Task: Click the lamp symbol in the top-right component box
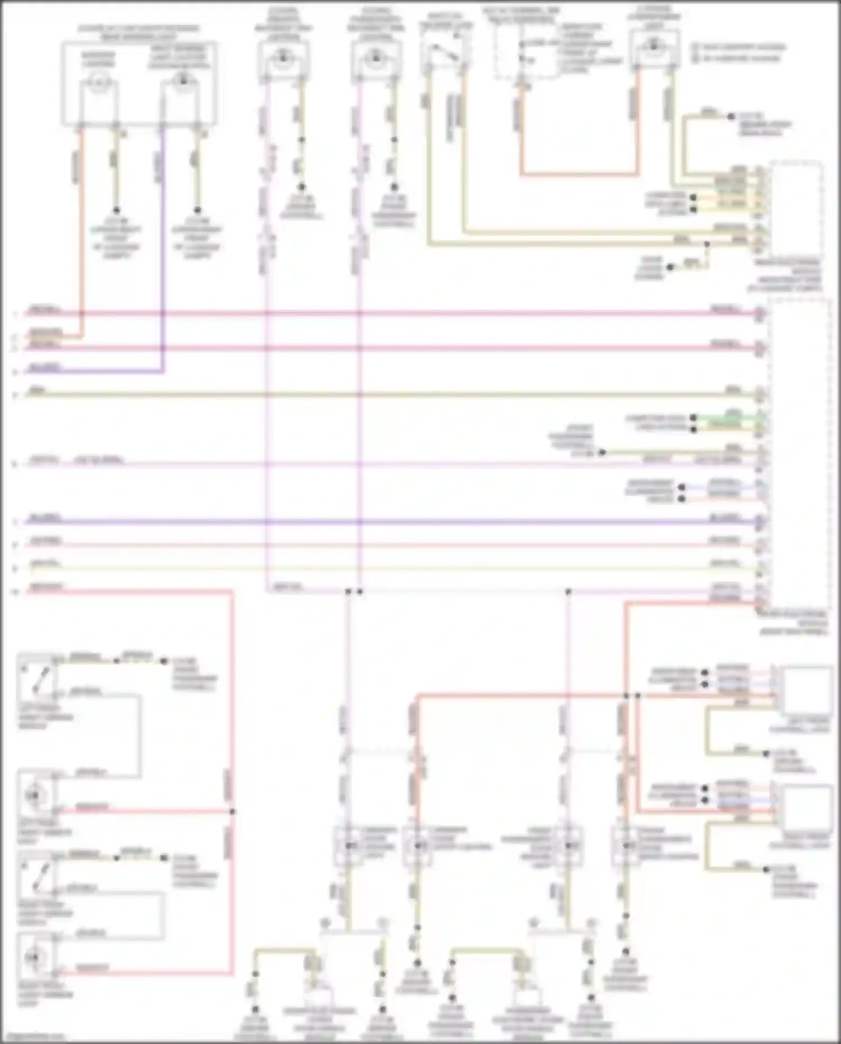point(654,48)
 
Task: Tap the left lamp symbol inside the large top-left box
point(99,84)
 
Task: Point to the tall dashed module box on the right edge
point(798,454)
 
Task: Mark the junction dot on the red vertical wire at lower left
point(232,811)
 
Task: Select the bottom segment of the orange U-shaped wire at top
point(580,174)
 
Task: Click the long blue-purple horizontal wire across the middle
point(392,522)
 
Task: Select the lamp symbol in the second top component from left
point(284,57)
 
